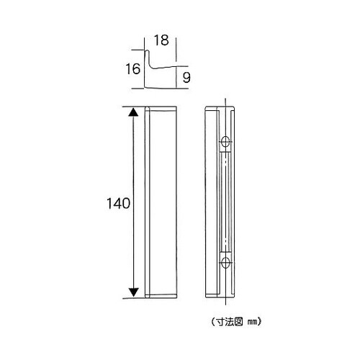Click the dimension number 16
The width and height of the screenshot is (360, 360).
click(x=132, y=69)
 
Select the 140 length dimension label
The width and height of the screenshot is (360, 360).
click(x=117, y=204)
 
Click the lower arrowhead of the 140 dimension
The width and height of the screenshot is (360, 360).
click(x=133, y=291)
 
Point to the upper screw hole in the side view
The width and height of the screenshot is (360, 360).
click(x=226, y=140)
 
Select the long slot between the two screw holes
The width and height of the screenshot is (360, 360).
click(x=226, y=202)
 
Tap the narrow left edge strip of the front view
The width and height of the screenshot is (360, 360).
click(x=147, y=202)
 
